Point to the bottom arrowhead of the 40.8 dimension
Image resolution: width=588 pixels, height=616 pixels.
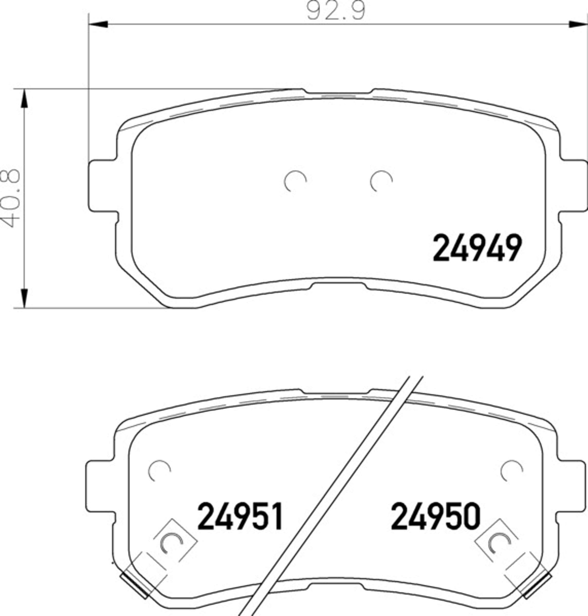click(x=24, y=299)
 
